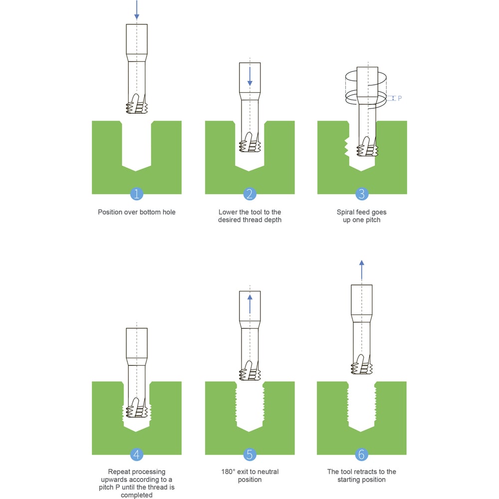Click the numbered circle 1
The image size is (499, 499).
137,194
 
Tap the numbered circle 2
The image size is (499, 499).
249,194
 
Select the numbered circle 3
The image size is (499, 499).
362,194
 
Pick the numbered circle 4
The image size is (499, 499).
137,454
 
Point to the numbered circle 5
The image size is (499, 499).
249,454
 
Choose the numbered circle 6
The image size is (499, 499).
361,454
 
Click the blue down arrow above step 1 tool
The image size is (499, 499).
137,10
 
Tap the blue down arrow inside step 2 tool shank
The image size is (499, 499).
250,76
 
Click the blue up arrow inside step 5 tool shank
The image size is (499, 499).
250,304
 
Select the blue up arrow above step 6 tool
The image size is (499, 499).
361,270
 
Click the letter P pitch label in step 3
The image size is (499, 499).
400,98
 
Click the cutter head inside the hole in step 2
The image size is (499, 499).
250,142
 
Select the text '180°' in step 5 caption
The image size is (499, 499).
228,472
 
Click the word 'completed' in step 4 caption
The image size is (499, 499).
137,495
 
